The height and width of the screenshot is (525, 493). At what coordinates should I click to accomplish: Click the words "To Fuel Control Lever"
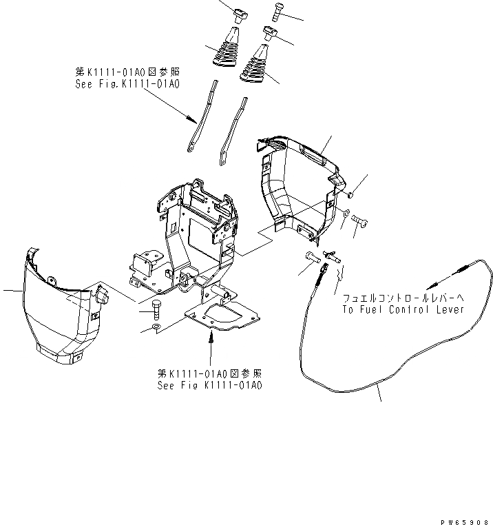pos(403,309)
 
